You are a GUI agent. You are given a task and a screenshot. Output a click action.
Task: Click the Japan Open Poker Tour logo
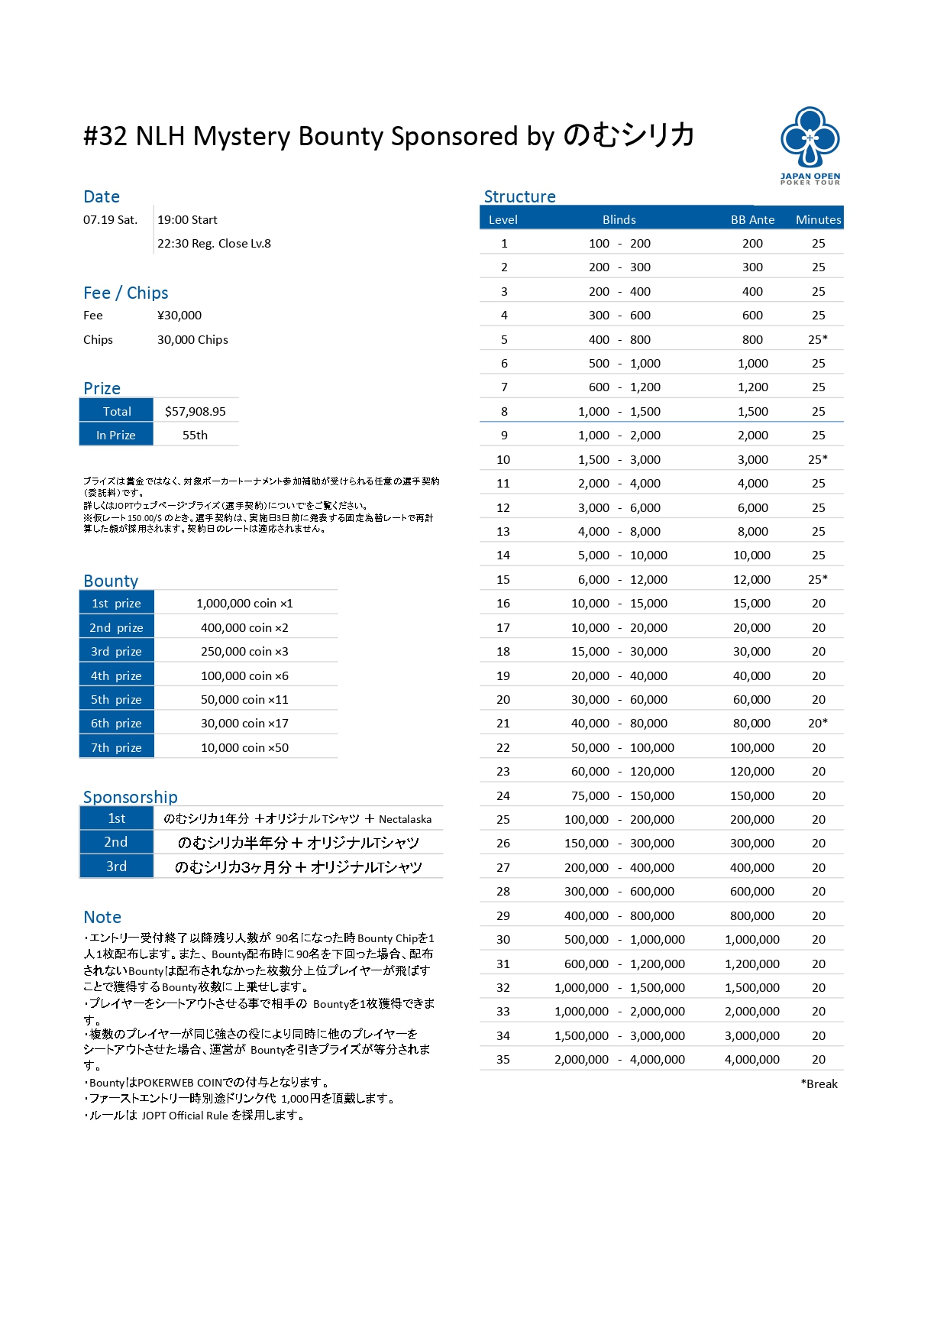coord(810,145)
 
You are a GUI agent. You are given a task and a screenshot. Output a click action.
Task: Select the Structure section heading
coord(519,196)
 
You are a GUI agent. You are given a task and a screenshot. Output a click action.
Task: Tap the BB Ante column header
coord(752,219)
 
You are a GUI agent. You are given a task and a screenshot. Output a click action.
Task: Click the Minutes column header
coord(818,219)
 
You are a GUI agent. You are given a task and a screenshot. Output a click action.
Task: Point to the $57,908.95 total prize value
coord(196,411)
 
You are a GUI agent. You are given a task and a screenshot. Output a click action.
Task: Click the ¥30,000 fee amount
coord(179,315)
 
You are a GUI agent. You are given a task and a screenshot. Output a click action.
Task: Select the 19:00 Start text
coord(187,219)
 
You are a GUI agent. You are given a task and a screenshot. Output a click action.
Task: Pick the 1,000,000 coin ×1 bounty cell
coord(244,603)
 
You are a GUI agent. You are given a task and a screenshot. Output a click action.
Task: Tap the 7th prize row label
coord(116,747)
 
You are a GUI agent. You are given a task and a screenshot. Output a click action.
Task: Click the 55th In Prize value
coord(195,435)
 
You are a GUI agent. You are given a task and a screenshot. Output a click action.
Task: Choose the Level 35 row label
coord(503,1059)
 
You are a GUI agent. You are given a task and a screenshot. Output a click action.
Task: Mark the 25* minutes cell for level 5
coord(818,339)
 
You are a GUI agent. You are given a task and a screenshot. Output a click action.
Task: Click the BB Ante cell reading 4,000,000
coord(752,1059)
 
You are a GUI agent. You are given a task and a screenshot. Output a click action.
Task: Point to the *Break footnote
coord(819,1083)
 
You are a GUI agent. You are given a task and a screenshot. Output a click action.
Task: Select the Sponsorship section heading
coord(130,797)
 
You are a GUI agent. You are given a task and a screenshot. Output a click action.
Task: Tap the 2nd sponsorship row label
coord(116,842)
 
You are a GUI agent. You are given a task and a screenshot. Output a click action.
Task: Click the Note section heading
coord(102,917)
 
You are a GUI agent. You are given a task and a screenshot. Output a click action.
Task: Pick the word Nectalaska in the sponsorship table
coord(405,819)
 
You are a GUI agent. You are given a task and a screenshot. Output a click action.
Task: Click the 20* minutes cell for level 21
coord(818,723)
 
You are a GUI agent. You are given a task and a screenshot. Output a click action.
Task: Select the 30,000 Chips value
coord(192,339)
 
